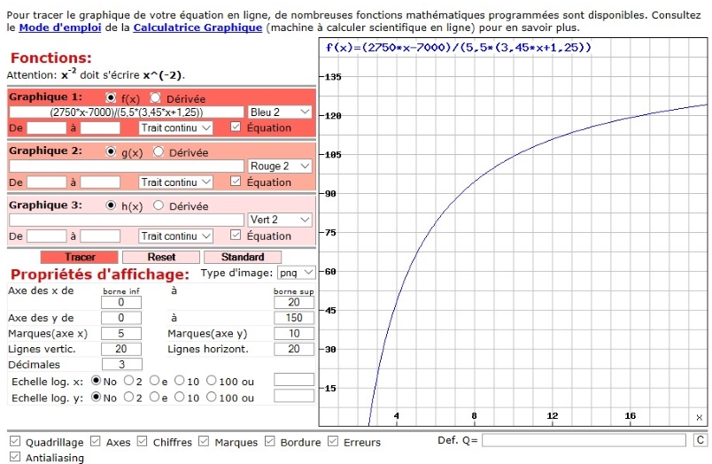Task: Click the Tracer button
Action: [x=80, y=257]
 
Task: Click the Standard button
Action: [x=243, y=257]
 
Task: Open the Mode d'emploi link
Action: [x=61, y=27]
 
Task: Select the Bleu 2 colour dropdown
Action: [x=281, y=112]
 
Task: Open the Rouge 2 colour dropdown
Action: [x=281, y=166]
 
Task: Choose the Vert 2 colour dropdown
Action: [x=281, y=220]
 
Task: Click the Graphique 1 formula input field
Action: [x=127, y=112]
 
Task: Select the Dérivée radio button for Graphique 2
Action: [x=159, y=152]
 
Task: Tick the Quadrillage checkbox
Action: [x=14, y=442]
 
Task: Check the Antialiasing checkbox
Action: [x=14, y=458]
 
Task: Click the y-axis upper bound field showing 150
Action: [x=294, y=318]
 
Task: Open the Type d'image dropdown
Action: [x=297, y=273]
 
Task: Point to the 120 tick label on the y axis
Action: [x=333, y=116]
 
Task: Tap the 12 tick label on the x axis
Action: [x=553, y=415]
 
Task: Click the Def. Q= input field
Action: [x=584, y=440]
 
